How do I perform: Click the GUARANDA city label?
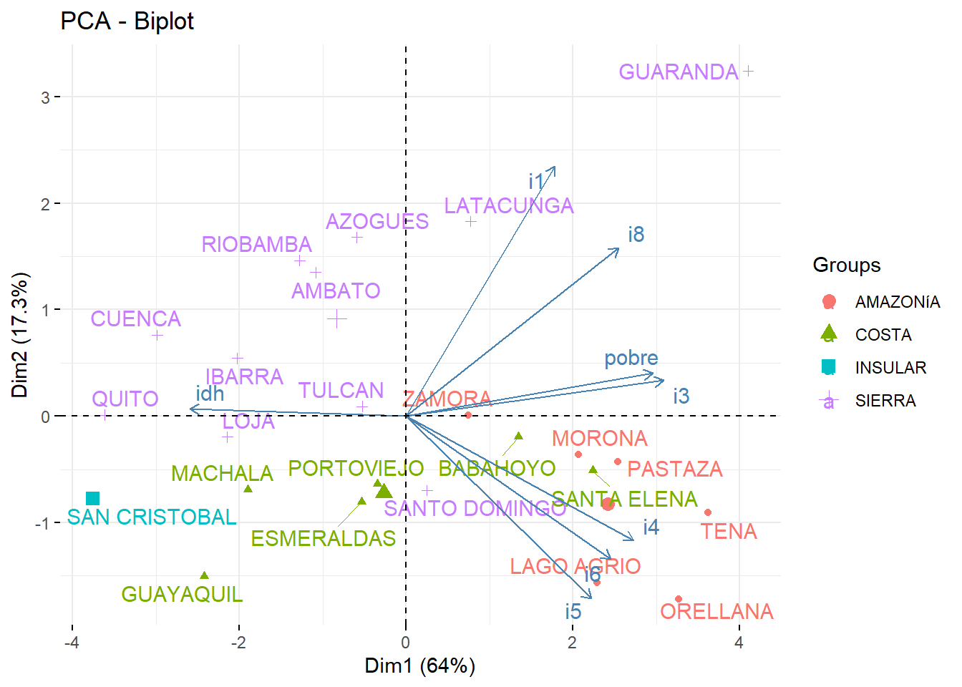click(x=678, y=72)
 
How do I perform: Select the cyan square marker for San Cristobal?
click(x=92, y=498)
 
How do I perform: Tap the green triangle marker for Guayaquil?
click(x=204, y=576)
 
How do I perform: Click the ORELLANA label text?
click(x=716, y=612)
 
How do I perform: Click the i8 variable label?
click(x=636, y=235)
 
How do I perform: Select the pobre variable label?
click(x=631, y=358)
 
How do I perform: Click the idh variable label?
click(x=210, y=394)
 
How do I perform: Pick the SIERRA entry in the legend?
click(x=885, y=401)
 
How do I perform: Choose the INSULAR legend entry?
click(x=890, y=368)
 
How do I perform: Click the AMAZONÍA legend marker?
click(x=829, y=301)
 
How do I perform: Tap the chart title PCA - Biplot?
click(x=127, y=21)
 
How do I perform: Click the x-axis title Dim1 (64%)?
click(x=419, y=666)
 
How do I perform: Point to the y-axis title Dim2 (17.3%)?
click(x=20, y=335)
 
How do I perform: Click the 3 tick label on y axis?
click(x=46, y=97)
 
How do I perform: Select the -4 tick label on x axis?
click(x=71, y=643)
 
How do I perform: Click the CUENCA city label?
click(x=135, y=319)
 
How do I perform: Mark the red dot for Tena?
click(x=708, y=512)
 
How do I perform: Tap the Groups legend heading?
click(x=846, y=265)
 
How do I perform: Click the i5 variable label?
click(x=573, y=612)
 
